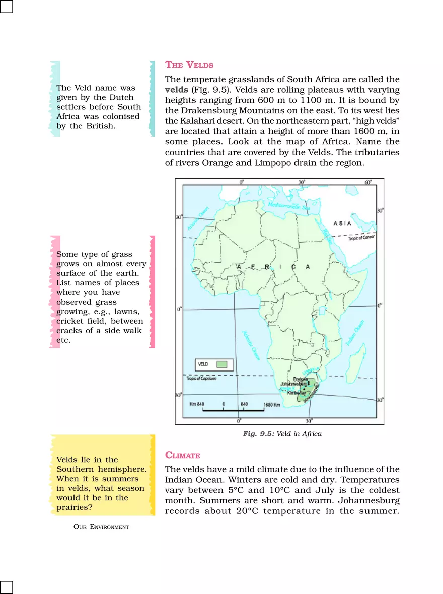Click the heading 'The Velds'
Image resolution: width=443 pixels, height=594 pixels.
pyautogui.click(x=189, y=65)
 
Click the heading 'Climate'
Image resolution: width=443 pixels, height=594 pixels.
pyautogui.click(x=183, y=455)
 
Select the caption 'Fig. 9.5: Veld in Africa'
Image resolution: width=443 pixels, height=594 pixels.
pyautogui.click(x=282, y=433)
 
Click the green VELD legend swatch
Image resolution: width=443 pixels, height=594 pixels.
pyautogui.click(x=222, y=364)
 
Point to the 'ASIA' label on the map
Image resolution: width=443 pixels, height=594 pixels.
pyautogui.click(x=342, y=224)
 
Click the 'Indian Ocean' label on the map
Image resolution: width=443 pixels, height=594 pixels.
pyautogui.click(x=354, y=333)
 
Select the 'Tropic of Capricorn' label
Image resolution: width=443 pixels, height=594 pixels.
pyautogui.click(x=201, y=379)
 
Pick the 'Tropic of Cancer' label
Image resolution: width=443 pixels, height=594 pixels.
pyautogui.click(x=362, y=238)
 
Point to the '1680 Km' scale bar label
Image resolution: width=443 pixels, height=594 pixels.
pyautogui.click(x=273, y=404)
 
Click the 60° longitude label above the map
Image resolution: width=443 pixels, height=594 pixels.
pyautogui.click(x=368, y=182)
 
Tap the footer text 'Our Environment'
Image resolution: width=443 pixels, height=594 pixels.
pyautogui.click(x=101, y=527)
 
